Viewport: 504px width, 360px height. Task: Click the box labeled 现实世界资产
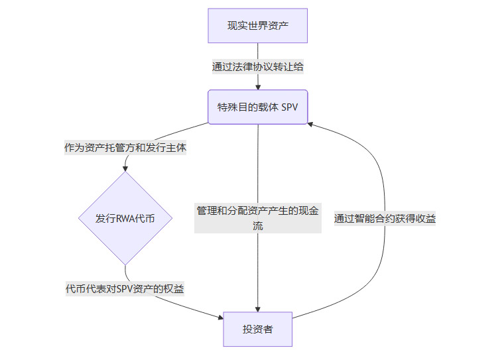[257, 26]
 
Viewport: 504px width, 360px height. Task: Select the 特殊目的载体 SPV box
[257, 107]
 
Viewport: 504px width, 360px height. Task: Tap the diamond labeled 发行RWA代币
[125, 218]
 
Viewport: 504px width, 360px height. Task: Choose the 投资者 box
[257, 329]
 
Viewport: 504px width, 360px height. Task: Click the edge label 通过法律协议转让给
[257, 66]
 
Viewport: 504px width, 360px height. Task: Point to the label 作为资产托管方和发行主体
[125, 149]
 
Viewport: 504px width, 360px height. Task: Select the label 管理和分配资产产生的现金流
[257, 218]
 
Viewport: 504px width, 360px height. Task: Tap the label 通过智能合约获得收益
[385, 218]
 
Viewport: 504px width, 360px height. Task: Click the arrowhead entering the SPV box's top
[257, 87]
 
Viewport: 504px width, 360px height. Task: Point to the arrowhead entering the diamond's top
[125, 169]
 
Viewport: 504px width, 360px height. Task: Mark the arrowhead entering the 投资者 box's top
[257, 308]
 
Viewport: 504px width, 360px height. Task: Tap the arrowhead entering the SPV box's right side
[312, 123]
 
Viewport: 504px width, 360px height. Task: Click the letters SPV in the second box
[290, 107]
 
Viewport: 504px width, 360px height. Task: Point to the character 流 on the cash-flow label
[257, 225]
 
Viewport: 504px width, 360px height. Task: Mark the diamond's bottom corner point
[125, 265]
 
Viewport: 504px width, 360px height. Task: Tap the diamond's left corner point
[79, 218]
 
